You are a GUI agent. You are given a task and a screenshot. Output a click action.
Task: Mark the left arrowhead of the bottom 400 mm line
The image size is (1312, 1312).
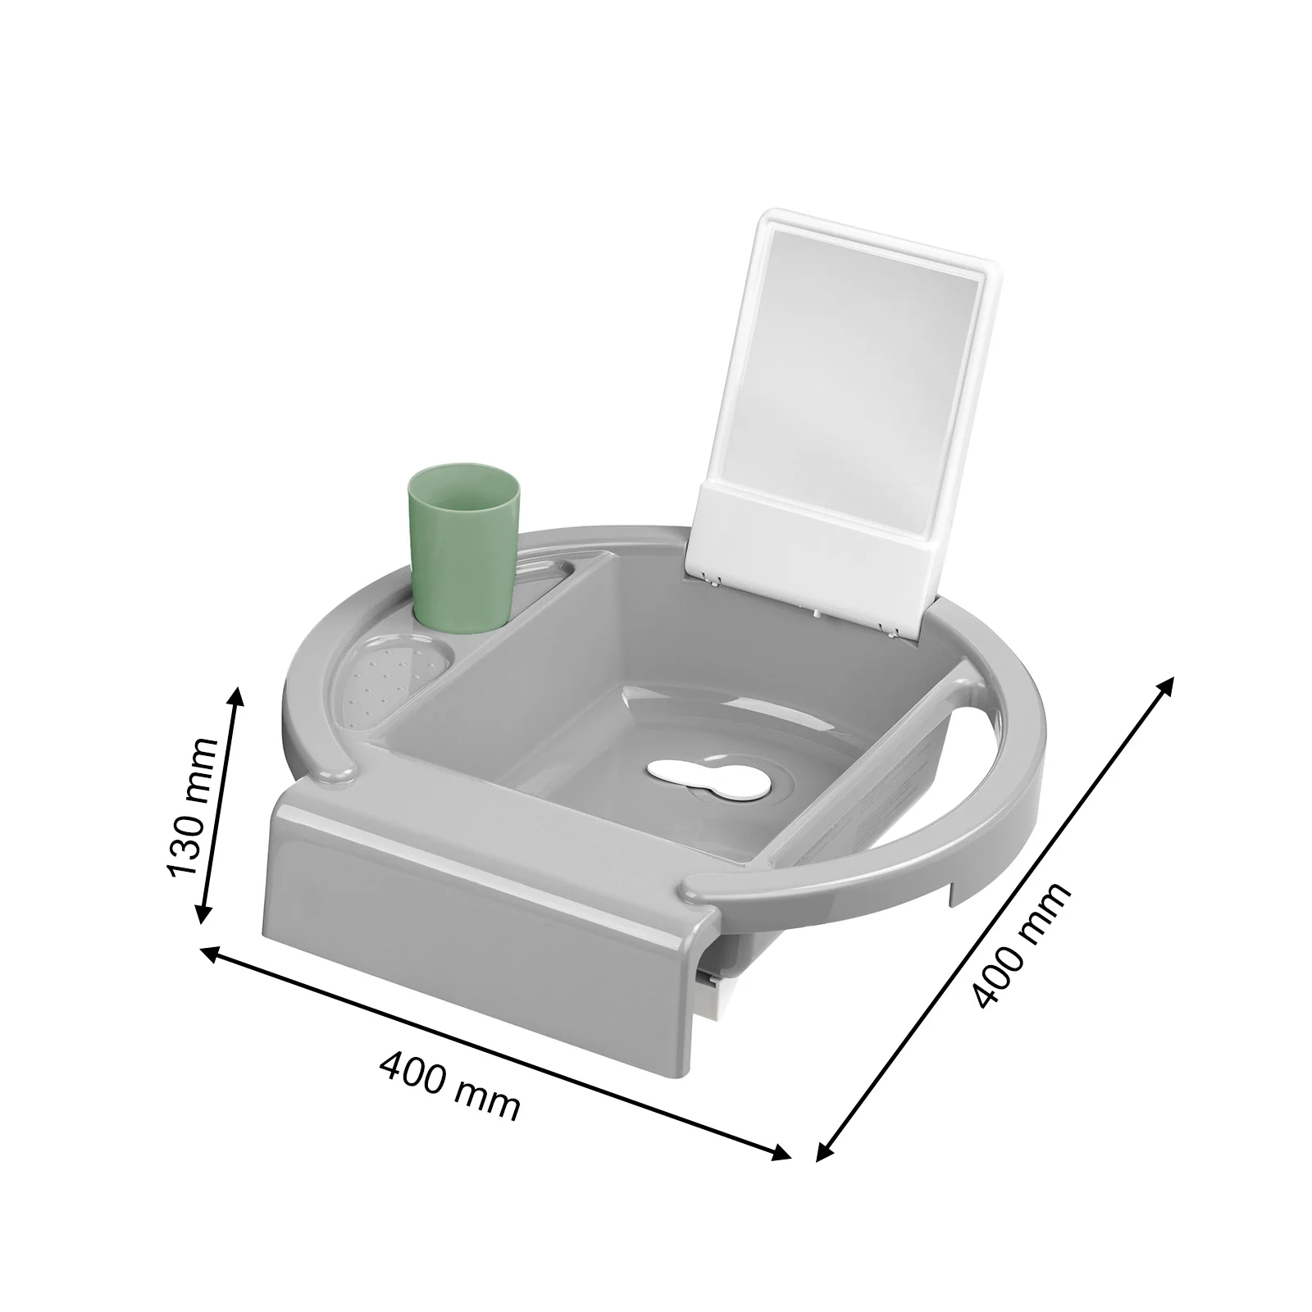tap(207, 950)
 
